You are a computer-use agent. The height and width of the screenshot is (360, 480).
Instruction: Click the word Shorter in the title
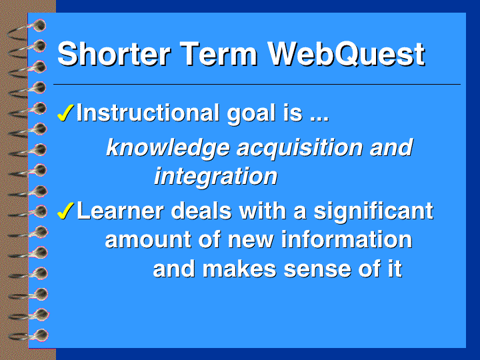tap(114, 54)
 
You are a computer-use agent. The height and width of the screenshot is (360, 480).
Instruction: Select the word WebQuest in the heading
tap(346, 55)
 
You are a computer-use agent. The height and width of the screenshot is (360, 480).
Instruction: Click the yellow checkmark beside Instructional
tap(65, 113)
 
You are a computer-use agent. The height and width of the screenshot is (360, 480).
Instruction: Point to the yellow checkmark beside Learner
tap(65, 211)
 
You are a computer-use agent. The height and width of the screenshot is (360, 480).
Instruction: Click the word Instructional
tap(148, 113)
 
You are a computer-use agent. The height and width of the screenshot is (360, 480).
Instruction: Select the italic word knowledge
tap(168, 148)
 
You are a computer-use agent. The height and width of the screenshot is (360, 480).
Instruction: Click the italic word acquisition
tap(300, 148)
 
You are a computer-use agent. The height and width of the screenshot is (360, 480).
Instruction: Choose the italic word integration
tap(216, 177)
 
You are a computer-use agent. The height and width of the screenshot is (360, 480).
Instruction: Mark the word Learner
tap(120, 211)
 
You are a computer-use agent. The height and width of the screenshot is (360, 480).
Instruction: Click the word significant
tap(373, 212)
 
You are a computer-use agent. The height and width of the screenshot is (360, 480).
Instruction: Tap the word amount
tap(148, 240)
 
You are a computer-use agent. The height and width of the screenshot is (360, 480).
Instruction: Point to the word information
tap(347, 239)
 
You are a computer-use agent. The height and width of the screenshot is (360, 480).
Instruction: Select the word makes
tap(239, 269)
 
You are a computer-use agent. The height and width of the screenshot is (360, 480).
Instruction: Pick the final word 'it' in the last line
tap(395, 269)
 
